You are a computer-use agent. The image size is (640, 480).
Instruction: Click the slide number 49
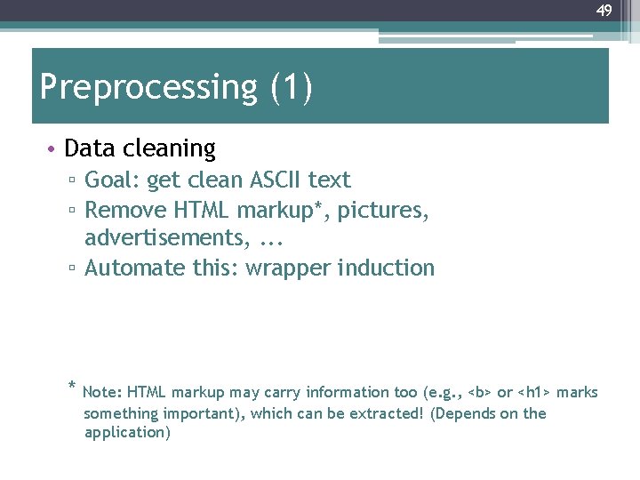(604, 11)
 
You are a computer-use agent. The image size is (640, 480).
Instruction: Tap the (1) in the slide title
(290, 88)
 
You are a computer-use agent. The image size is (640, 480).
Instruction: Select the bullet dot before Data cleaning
(52, 148)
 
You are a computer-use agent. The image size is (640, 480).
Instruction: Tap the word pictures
(384, 211)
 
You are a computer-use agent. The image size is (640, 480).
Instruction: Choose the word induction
(391, 268)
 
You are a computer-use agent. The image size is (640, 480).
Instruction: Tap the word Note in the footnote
(102, 392)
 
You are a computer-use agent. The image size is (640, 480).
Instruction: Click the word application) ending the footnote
(127, 433)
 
